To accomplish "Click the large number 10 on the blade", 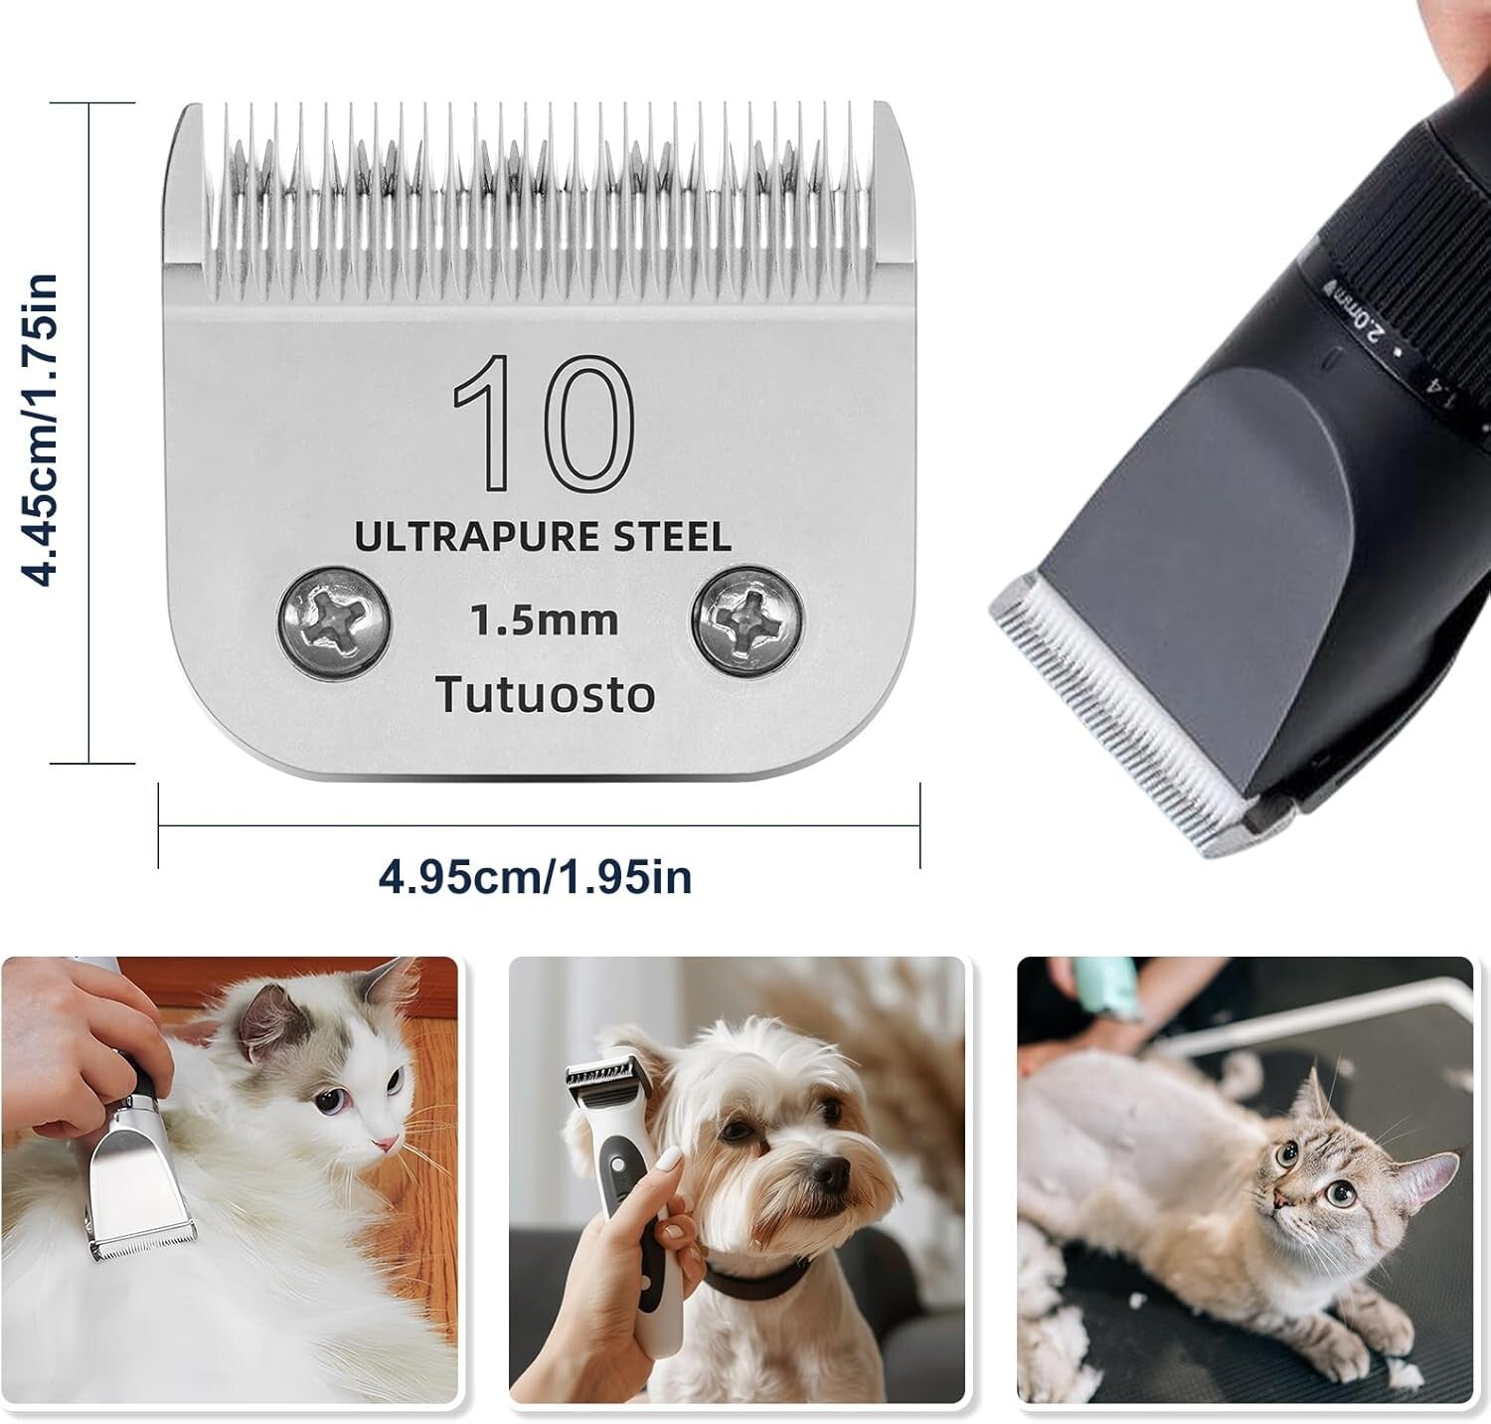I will point(545,426).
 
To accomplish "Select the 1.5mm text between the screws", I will point(544,621).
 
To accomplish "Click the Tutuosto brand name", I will point(546,694).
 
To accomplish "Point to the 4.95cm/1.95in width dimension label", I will point(536,877).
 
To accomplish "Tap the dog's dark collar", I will point(755,1274).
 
